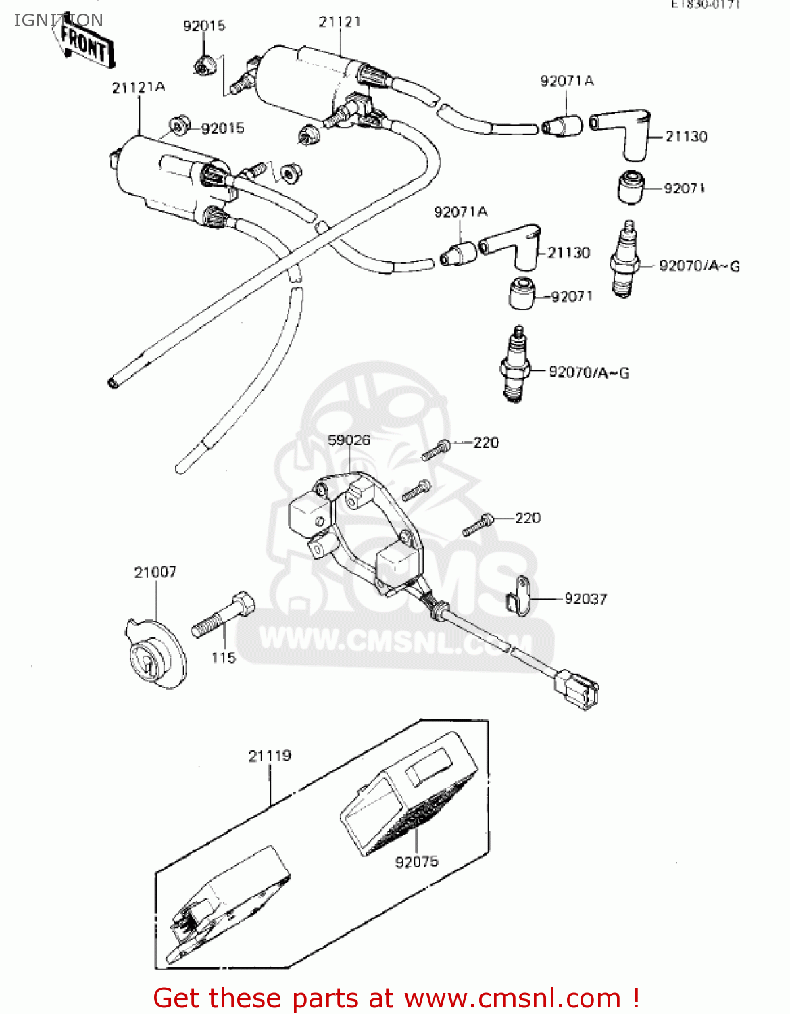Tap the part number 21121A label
click(139, 87)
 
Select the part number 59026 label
click(349, 440)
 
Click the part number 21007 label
click(155, 572)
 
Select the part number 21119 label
click(270, 756)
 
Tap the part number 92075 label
click(416, 862)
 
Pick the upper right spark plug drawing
click(624, 260)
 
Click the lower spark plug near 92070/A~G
click(515, 365)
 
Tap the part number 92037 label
click(585, 599)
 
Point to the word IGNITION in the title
click(58, 20)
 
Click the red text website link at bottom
click(396, 998)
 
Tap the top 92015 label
click(204, 26)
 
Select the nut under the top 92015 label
click(203, 66)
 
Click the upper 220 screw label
click(486, 443)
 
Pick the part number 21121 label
click(340, 22)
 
